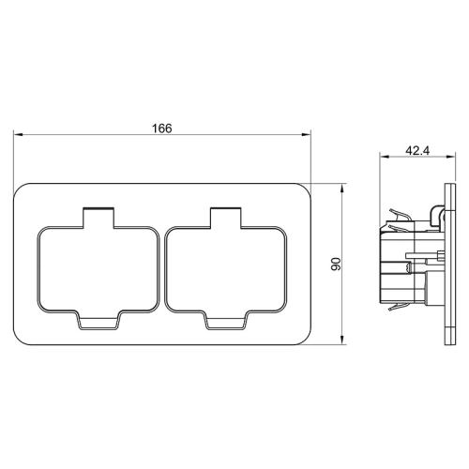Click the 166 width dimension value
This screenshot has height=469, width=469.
click(161, 129)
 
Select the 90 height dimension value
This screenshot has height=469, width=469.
click(336, 265)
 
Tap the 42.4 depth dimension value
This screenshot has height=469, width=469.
click(417, 151)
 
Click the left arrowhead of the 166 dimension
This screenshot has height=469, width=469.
click(18, 135)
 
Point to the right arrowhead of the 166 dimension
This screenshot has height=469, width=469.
click(306, 135)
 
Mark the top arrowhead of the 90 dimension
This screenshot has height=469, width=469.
click(343, 189)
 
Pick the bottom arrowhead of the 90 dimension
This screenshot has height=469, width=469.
click(343, 340)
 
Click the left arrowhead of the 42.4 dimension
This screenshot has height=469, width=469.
click(385, 157)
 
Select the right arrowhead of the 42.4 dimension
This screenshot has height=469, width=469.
click(450, 157)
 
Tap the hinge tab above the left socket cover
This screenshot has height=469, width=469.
click(98, 218)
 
